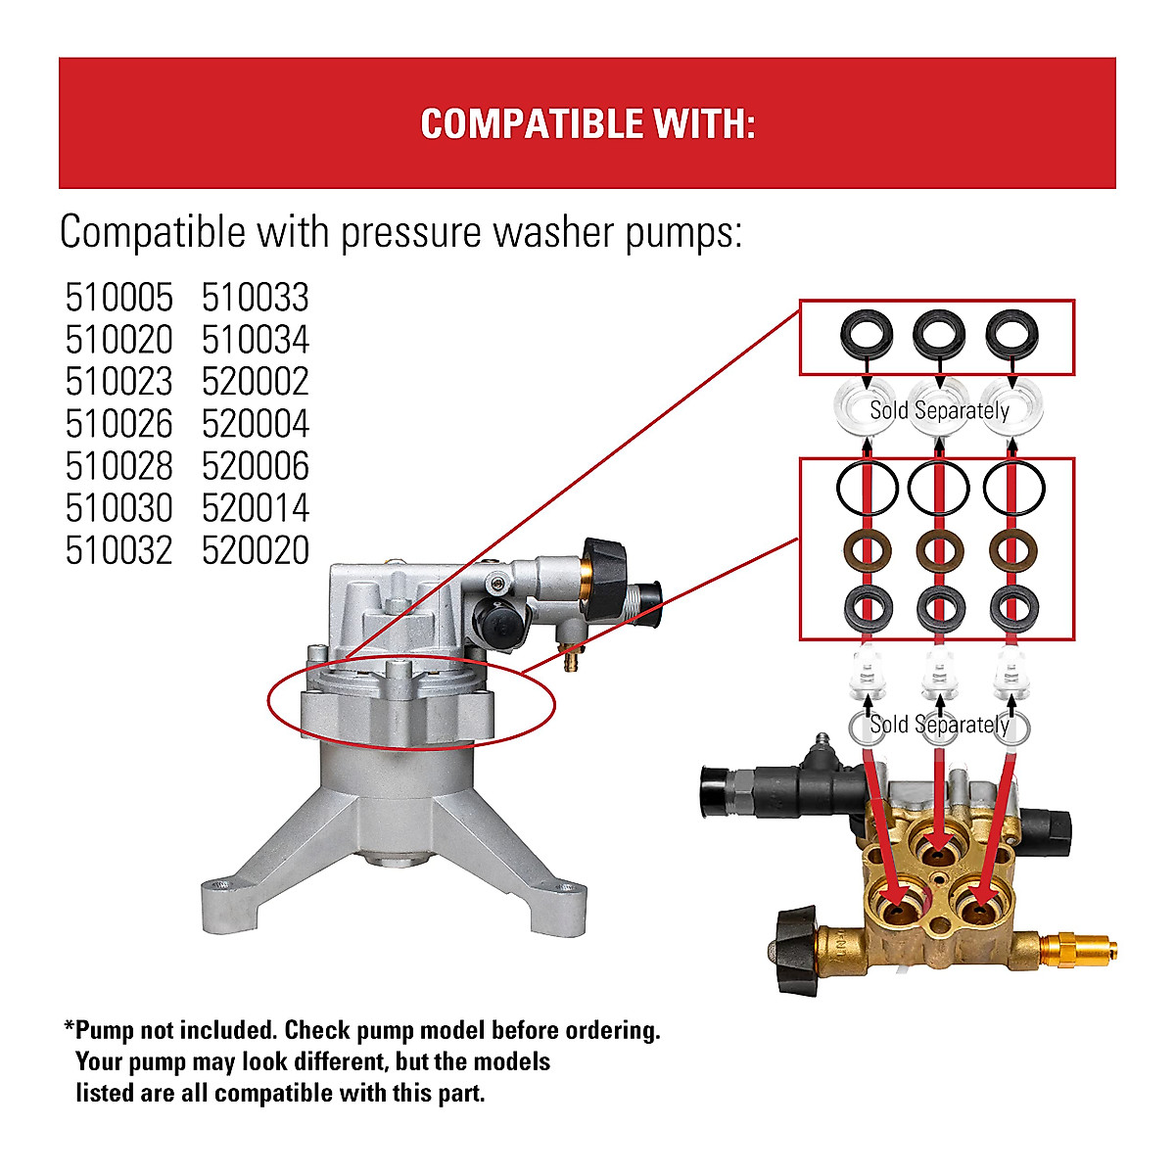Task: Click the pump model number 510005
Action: (118, 298)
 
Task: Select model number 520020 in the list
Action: (256, 550)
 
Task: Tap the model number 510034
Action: (256, 340)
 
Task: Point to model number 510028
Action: (118, 466)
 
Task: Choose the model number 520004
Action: (256, 424)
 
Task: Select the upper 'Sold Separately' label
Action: (939, 410)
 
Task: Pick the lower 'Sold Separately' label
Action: (939, 725)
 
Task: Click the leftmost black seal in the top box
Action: (866, 336)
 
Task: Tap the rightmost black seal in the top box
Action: (1012, 336)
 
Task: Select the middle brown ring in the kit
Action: (940, 551)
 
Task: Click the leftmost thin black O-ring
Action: (867, 487)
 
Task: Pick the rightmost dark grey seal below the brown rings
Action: (1013, 608)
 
